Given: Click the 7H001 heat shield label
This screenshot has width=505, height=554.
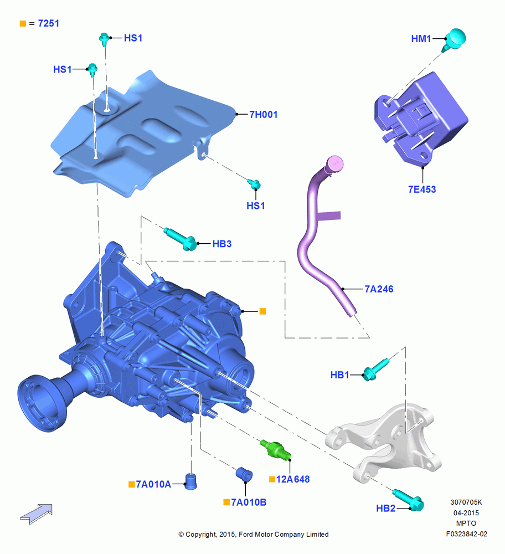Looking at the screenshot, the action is point(264,115).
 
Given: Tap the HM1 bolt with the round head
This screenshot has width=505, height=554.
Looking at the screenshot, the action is point(455,39).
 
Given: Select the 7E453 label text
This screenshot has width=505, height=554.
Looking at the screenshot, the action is point(422,189).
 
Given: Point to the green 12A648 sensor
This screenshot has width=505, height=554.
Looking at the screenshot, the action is point(276,450).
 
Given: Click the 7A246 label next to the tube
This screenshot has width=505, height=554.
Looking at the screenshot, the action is point(379,289).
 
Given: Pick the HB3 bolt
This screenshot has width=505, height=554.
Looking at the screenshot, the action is point(181,239).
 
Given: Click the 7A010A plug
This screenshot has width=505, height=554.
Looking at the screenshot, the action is point(191,481).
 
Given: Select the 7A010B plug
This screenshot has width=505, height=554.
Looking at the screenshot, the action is point(244,474).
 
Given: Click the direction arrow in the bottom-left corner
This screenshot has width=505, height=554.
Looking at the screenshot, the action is point(37,514).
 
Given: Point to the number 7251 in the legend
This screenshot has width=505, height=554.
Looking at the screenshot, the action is point(48,23).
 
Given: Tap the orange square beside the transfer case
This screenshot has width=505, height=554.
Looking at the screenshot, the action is point(262,311).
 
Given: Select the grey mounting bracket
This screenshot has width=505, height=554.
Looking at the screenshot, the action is point(384,439).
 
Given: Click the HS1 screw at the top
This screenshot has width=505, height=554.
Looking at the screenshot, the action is point(104,39).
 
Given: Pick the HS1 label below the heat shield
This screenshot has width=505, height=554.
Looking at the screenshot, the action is point(256,206).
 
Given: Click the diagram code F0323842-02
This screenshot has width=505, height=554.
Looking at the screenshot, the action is point(466,534).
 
